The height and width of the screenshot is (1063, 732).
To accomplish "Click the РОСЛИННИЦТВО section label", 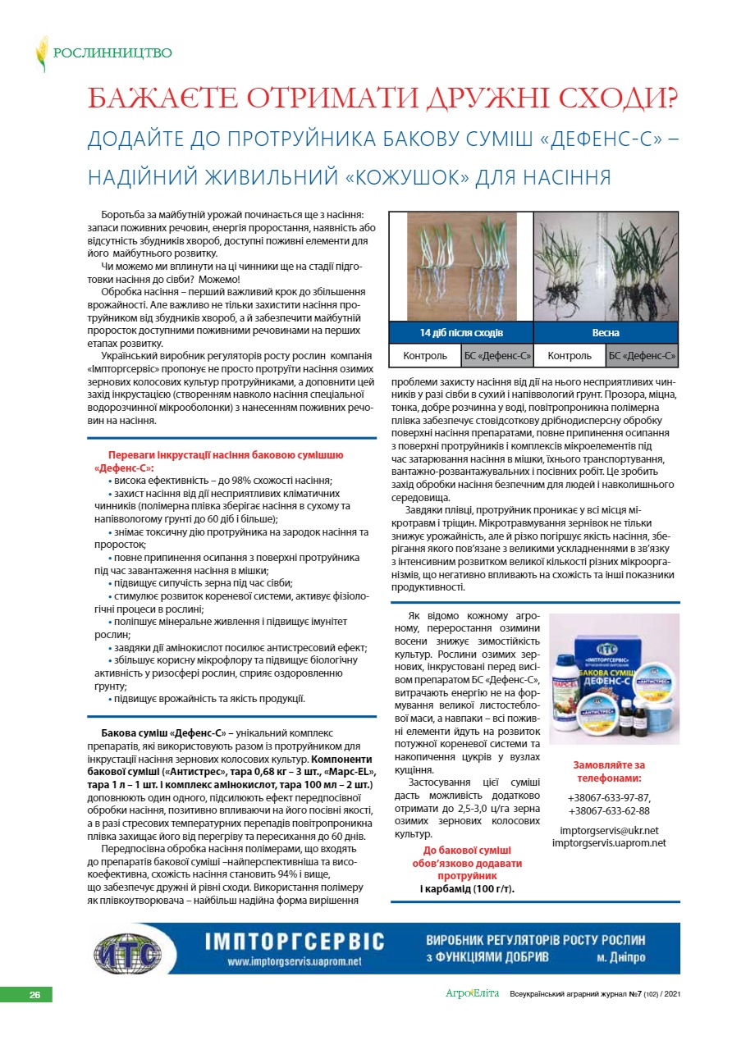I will pyautogui.click(x=112, y=53).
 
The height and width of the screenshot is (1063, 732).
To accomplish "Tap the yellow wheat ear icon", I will pyautogui.click(x=41, y=54).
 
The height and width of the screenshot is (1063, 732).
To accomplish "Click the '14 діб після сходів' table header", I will pyautogui.click(x=461, y=333).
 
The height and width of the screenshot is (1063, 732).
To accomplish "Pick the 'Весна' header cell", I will pyautogui.click(x=606, y=333).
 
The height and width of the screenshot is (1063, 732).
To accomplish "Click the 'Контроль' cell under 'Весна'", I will pyautogui.click(x=570, y=355).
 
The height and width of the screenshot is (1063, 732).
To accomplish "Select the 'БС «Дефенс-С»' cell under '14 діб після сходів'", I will pyautogui.click(x=498, y=355).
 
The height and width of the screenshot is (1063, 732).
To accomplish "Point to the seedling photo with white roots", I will pyautogui.click(x=461, y=267).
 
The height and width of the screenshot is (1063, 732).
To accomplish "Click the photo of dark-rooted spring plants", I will pyautogui.click(x=606, y=267).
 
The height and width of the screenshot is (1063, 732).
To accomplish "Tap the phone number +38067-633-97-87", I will pyautogui.click(x=609, y=797).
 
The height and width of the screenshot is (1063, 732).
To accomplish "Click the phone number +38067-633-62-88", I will pyautogui.click(x=609, y=811).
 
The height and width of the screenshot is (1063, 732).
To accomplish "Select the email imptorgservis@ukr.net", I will pyautogui.click(x=609, y=830).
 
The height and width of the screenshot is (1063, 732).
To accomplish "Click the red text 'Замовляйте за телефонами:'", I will pyautogui.click(x=609, y=771).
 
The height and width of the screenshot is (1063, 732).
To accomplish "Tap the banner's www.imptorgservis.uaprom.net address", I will pyautogui.click(x=294, y=961).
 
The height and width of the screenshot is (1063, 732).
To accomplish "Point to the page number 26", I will pyautogui.click(x=34, y=995).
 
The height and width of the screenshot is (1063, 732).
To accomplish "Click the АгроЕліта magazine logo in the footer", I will pyautogui.click(x=472, y=994).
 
